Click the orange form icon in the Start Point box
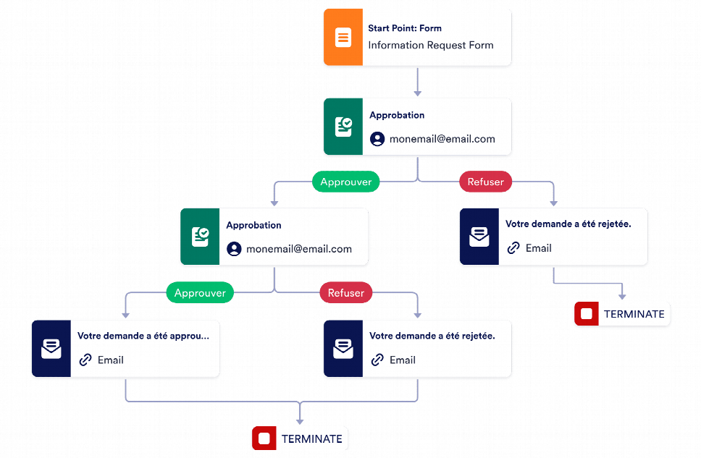[343, 38]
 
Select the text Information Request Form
[430, 45]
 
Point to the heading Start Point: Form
[404, 28]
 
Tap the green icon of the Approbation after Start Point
[343, 127]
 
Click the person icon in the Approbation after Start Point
[377, 139]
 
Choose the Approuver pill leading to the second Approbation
[346, 182]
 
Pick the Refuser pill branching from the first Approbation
[485, 182]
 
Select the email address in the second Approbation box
[298, 249]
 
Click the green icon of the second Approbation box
[200, 237]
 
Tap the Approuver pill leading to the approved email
[200, 293]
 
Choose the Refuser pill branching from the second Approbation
[346, 293]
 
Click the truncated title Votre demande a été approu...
[143, 336]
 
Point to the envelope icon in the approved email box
[51, 348]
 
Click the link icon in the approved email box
[85, 360]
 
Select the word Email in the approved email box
[111, 360]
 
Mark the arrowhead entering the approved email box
[126, 314]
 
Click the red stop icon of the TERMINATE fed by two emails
[264, 438]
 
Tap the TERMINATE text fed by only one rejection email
[634, 314]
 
